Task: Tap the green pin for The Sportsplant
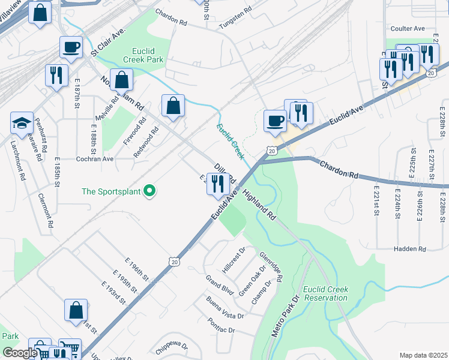(150, 191)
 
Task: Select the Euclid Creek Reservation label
(325, 293)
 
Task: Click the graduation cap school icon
(22, 123)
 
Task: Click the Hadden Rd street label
(409, 248)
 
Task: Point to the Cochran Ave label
(95, 159)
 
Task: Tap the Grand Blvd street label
(219, 285)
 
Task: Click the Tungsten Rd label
(236, 14)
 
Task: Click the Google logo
(20, 353)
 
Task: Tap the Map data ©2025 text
(423, 355)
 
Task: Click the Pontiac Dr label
(223, 331)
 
